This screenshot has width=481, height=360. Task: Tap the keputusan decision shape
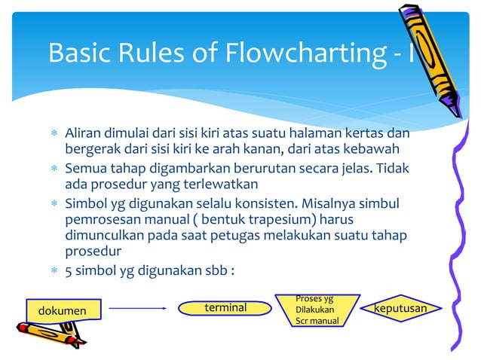[x=400, y=309]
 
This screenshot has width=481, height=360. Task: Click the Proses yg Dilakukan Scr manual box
[x=317, y=310]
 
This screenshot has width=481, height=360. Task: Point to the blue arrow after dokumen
[x=137, y=308]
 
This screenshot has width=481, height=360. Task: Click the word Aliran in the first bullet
[x=84, y=133]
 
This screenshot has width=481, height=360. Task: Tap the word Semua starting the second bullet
[x=87, y=169]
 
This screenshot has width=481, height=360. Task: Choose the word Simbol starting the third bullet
[x=86, y=204]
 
